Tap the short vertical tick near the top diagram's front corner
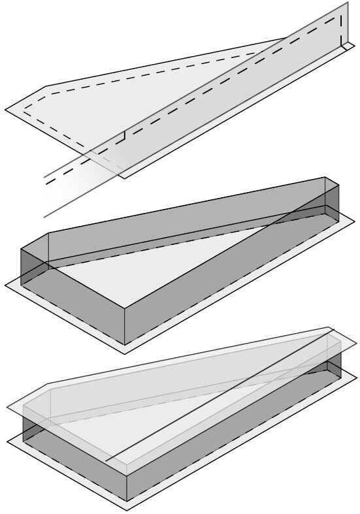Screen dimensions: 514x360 [124, 137]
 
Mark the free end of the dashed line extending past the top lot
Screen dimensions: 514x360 [46, 185]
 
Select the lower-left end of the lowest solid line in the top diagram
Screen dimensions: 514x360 [44, 217]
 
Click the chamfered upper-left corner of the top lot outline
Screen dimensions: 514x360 [44, 86]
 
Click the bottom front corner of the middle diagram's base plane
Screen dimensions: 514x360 [125, 353]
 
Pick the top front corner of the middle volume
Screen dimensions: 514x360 [124, 307]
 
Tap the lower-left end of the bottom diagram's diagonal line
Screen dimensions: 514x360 [106, 460]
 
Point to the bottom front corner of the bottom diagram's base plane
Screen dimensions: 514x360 [125, 510]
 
